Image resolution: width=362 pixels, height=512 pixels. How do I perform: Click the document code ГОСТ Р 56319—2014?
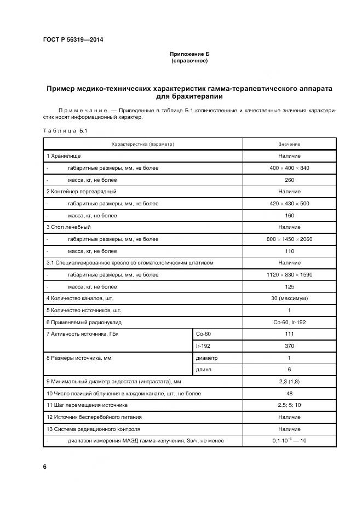point(73,40)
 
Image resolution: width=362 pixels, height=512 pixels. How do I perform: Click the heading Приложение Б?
point(189,55)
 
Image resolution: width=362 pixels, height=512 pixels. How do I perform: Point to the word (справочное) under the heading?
point(189,61)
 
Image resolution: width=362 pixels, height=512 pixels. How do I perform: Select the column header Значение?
point(289,144)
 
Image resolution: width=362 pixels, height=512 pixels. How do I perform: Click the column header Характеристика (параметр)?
point(142,144)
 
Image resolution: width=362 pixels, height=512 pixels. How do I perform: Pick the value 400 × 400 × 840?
point(289,168)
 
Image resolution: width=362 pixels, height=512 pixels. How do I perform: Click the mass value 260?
point(289,180)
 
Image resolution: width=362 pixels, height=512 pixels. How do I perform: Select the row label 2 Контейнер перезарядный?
point(82,192)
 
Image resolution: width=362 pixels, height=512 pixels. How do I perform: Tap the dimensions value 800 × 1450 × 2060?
point(289,239)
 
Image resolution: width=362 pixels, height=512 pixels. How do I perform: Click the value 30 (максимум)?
point(289,298)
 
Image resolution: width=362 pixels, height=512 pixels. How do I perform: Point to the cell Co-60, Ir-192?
point(289,323)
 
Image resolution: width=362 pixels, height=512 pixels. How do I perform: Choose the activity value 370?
point(289,346)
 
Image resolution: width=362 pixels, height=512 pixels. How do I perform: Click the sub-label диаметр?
point(206,358)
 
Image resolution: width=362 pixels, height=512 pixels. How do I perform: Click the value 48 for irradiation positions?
point(289,393)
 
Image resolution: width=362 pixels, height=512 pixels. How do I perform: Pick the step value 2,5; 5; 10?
point(289,405)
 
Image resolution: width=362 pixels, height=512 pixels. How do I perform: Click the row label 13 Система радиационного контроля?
point(93,429)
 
